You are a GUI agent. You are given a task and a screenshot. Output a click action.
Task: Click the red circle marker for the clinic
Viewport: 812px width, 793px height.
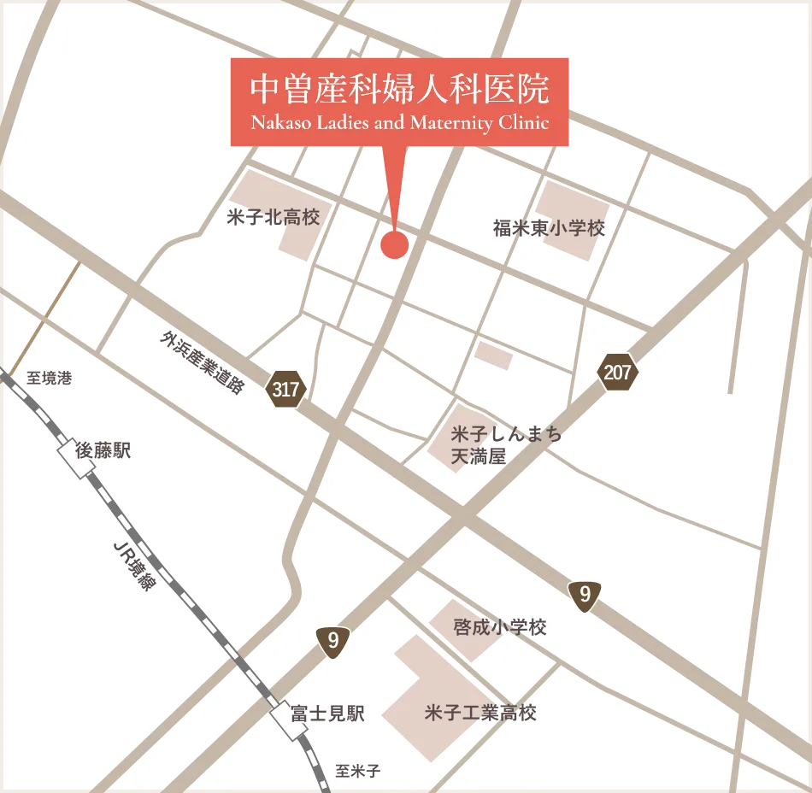(394, 244)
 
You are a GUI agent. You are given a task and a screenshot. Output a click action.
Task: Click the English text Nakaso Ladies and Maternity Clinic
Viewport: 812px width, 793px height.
(399, 122)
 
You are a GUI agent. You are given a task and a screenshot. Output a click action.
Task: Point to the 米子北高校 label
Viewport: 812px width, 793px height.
(274, 217)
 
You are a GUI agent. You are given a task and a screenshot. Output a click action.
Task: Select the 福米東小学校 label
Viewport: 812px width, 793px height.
(549, 228)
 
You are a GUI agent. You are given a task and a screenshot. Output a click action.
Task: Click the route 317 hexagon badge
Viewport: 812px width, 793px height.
(285, 391)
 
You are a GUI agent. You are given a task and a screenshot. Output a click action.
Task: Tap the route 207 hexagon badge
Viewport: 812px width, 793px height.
(617, 373)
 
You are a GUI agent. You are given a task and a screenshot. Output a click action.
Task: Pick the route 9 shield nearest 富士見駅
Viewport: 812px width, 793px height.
(332, 642)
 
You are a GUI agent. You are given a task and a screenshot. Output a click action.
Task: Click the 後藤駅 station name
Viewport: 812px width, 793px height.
(103, 451)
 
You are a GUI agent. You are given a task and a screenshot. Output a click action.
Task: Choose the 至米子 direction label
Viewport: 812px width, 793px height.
(357, 771)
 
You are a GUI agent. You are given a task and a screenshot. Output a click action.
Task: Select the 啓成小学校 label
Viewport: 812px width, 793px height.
(500, 627)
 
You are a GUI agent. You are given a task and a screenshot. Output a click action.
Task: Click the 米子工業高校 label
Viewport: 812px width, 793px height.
(480, 712)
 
